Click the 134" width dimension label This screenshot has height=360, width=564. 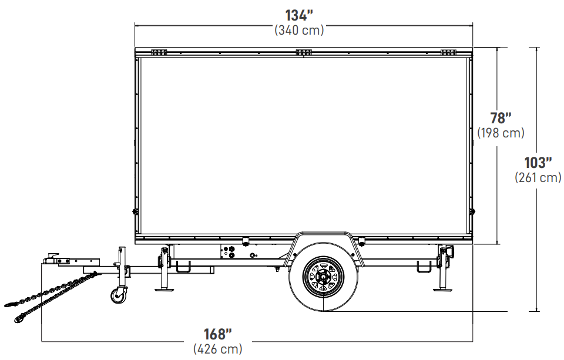point(299,15)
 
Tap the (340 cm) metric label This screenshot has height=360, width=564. point(299,30)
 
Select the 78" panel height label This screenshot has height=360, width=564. point(501,118)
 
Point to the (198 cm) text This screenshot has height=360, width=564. point(501,133)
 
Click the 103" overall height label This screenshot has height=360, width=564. point(538,163)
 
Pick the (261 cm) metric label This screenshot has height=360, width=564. point(538,177)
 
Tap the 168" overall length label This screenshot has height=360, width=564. point(217,334)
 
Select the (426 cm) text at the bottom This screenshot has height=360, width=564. point(217,349)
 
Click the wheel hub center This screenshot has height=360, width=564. point(323,276)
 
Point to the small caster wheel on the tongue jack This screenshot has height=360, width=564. point(118,296)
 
